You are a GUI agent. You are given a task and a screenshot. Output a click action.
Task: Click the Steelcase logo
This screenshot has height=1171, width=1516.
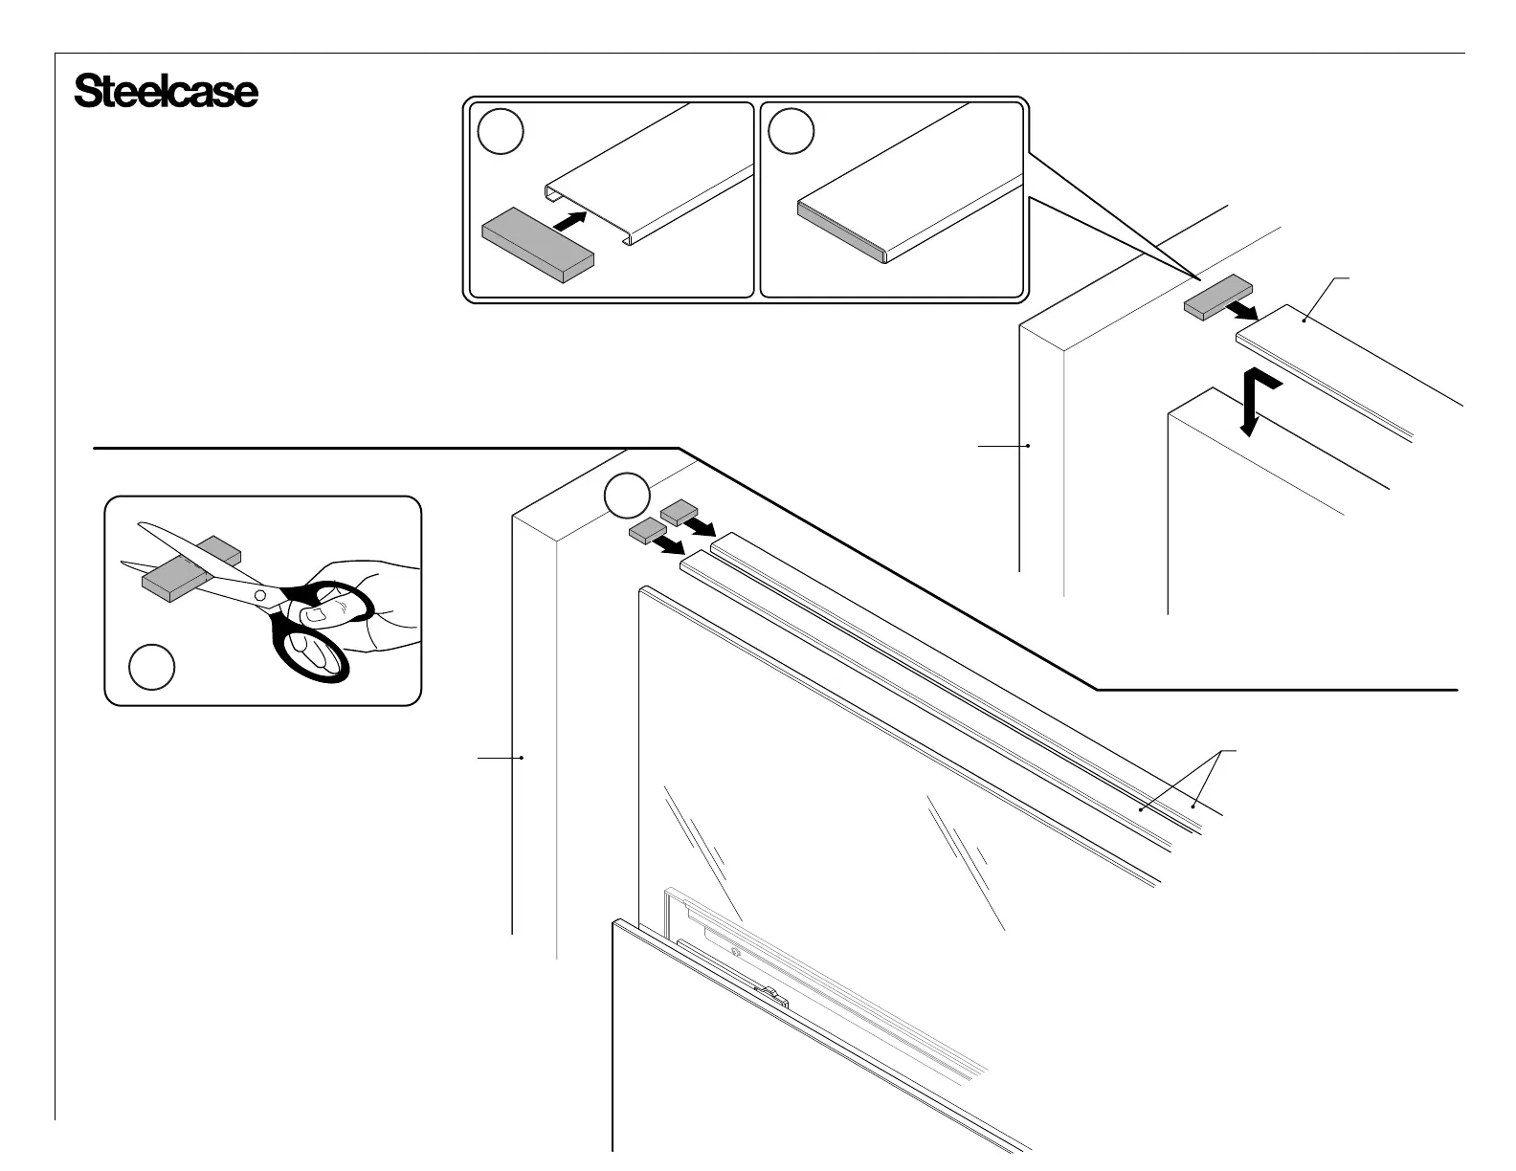(166, 92)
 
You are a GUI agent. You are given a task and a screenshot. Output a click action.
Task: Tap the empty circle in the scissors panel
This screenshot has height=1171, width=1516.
(151, 667)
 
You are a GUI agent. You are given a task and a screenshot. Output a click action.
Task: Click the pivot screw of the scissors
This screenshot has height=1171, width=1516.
(259, 595)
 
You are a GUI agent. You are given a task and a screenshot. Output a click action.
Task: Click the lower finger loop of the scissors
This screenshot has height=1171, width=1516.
(312, 651)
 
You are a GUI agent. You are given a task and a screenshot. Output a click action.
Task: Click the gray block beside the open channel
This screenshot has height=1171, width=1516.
(537, 245)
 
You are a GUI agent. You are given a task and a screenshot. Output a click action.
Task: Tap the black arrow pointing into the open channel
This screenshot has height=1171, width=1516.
(569, 220)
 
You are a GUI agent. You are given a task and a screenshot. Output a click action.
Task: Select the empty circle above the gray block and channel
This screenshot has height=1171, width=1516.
(500, 132)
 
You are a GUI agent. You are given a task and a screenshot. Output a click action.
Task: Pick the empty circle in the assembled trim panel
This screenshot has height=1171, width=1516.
(791, 132)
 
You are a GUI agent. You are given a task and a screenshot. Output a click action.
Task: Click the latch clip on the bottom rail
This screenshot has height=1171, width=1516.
(771, 996)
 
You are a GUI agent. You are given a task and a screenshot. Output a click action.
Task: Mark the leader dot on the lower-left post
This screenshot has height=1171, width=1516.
(522, 758)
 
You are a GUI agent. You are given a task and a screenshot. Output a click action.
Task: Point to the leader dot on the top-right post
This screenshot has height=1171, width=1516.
(1028, 445)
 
